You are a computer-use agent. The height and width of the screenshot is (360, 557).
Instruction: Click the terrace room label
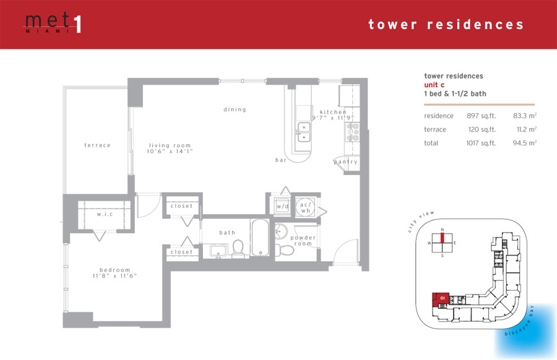click(x=97, y=145)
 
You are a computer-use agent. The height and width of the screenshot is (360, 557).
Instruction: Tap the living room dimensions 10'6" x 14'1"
click(x=170, y=152)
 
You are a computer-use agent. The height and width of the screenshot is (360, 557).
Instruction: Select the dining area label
click(x=235, y=109)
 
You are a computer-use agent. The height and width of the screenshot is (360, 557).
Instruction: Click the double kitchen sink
click(x=304, y=132)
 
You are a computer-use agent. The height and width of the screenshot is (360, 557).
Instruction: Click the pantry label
click(x=345, y=162)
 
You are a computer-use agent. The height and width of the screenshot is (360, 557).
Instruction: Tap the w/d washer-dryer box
click(x=283, y=206)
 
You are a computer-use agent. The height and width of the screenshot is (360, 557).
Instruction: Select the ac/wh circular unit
click(x=305, y=207)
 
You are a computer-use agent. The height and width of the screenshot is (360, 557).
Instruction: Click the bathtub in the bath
click(x=261, y=238)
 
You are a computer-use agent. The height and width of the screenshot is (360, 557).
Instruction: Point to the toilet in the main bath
click(x=238, y=248)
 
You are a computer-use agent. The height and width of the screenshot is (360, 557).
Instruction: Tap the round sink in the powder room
click(x=282, y=231)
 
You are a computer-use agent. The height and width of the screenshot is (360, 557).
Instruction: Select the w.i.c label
click(x=105, y=214)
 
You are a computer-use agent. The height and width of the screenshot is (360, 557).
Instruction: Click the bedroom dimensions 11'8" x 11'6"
click(x=114, y=276)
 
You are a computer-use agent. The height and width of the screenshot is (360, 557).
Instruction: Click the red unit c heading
click(x=434, y=85)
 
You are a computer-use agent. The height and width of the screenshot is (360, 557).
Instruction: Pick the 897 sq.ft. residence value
click(x=481, y=116)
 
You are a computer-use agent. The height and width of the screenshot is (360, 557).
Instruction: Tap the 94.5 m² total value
click(x=524, y=143)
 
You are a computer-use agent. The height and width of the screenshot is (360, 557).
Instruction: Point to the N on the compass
click(x=443, y=230)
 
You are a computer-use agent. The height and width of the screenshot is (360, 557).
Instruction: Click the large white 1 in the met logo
click(x=78, y=25)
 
